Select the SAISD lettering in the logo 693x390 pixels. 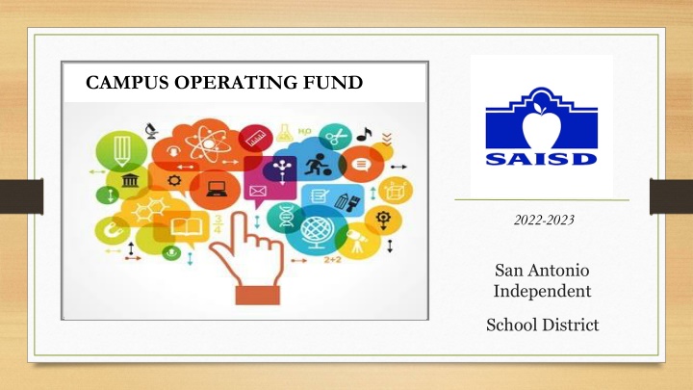point(541,159)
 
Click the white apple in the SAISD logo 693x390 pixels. point(541,125)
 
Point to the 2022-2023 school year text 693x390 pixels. point(544,220)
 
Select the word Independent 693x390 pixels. point(542,291)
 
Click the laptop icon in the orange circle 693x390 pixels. point(217,190)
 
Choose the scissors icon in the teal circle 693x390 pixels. point(337,137)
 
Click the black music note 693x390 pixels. point(364,134)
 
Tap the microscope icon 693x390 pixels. point(152,131)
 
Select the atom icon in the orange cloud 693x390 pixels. point(208,143)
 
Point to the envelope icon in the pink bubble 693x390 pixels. point(258,192)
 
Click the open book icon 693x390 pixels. point(187,227)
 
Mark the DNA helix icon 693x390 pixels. point(286,217)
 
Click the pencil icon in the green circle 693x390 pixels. point(122,150)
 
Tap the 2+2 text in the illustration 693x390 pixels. point(333,260)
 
